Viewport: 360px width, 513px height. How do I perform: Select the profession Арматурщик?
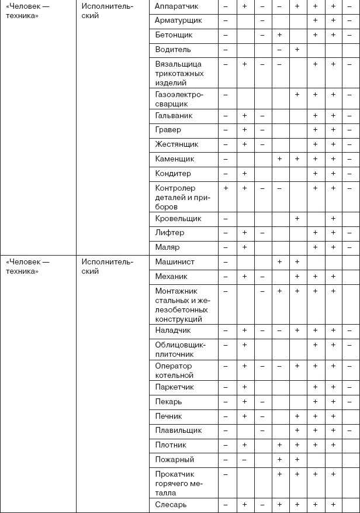click(179, 20)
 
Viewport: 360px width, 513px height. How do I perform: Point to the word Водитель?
click(174, 50)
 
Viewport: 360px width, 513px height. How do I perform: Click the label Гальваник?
click(174, 116)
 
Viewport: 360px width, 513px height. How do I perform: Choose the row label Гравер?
click(168, 130)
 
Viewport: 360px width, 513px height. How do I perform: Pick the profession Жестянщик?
click(177, 144)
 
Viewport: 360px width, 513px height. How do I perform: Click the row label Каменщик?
click(175, 159)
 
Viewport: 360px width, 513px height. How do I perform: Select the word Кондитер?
click(174, 174)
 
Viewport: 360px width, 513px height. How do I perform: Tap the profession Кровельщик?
click(178, 219)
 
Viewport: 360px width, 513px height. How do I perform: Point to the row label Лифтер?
click(170, 233)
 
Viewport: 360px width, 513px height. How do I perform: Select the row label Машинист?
click(175, 262)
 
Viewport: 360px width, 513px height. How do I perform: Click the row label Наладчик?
click(174, 330)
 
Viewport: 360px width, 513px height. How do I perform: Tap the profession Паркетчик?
click(175, 387)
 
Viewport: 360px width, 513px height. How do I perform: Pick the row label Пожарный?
click(175, 460)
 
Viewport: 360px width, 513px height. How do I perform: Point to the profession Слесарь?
click(171, 504)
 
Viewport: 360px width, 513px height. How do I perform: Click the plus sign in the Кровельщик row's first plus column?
click(297, 219)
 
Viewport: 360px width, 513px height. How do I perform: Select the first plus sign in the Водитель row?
click(297, 50)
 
